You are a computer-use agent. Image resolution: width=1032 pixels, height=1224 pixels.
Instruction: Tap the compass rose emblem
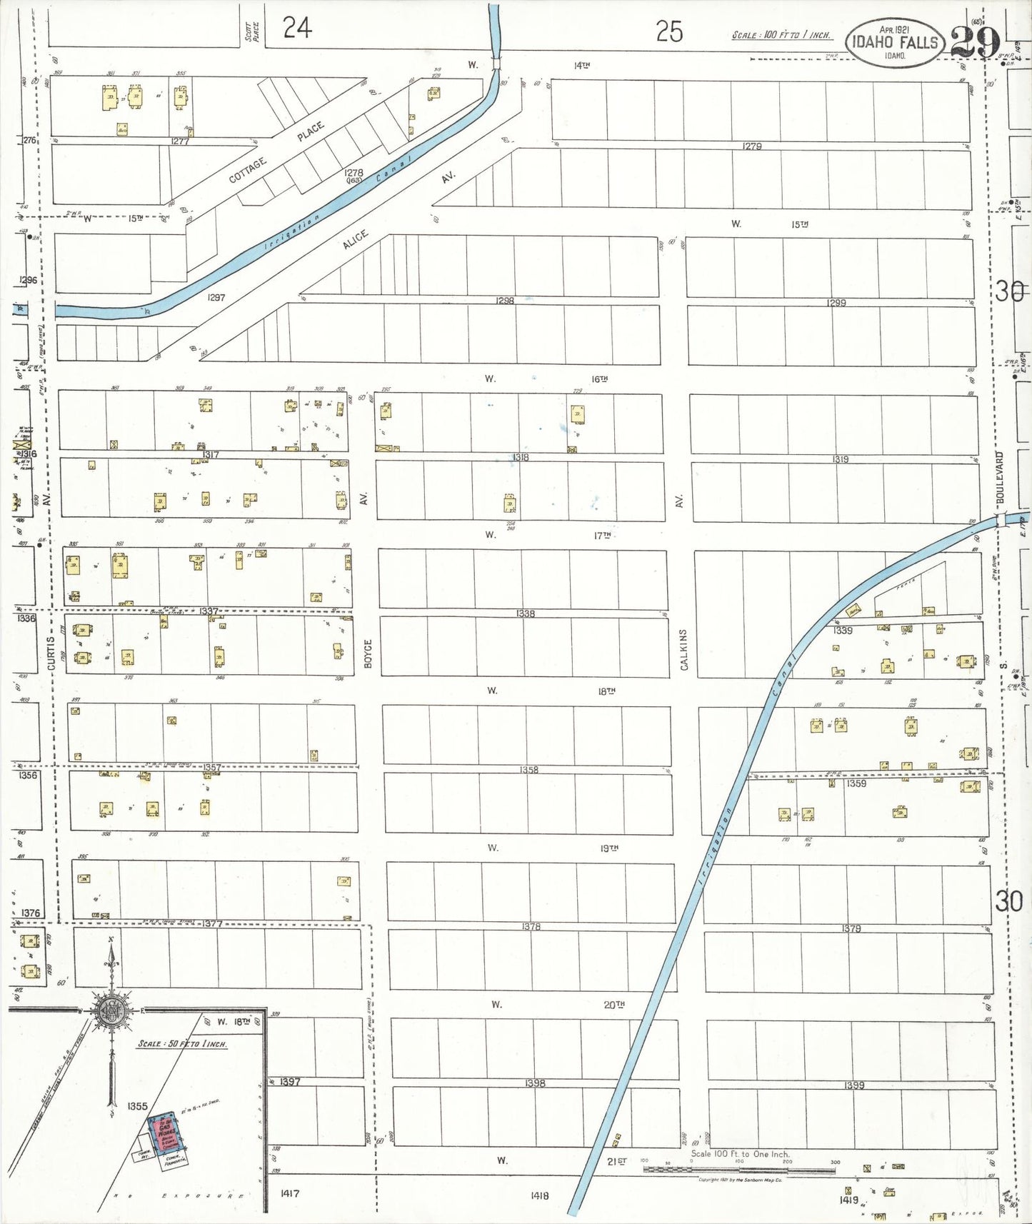[x=111, y=1010]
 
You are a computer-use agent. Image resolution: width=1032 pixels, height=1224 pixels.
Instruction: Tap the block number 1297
[x=216, y=297]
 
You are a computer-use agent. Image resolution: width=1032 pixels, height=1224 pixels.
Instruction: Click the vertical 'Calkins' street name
[x=684, y=649]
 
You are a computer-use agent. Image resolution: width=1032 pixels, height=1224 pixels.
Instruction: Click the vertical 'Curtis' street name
[x=50, y=653]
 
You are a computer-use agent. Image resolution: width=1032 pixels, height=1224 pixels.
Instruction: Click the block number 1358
[x=528, y=770]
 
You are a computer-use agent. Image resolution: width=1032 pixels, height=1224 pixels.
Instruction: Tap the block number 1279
[x=751, y=146]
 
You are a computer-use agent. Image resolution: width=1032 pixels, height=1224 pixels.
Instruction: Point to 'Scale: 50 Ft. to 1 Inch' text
[x=182, y=1043]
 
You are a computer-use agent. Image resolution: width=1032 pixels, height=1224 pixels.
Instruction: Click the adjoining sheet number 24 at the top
[x=297, y=29]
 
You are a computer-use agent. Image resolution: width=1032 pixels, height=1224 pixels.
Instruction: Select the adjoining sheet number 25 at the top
[x=669, y=31]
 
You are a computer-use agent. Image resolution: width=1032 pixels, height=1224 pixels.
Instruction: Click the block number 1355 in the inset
[x=137, y=1106]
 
